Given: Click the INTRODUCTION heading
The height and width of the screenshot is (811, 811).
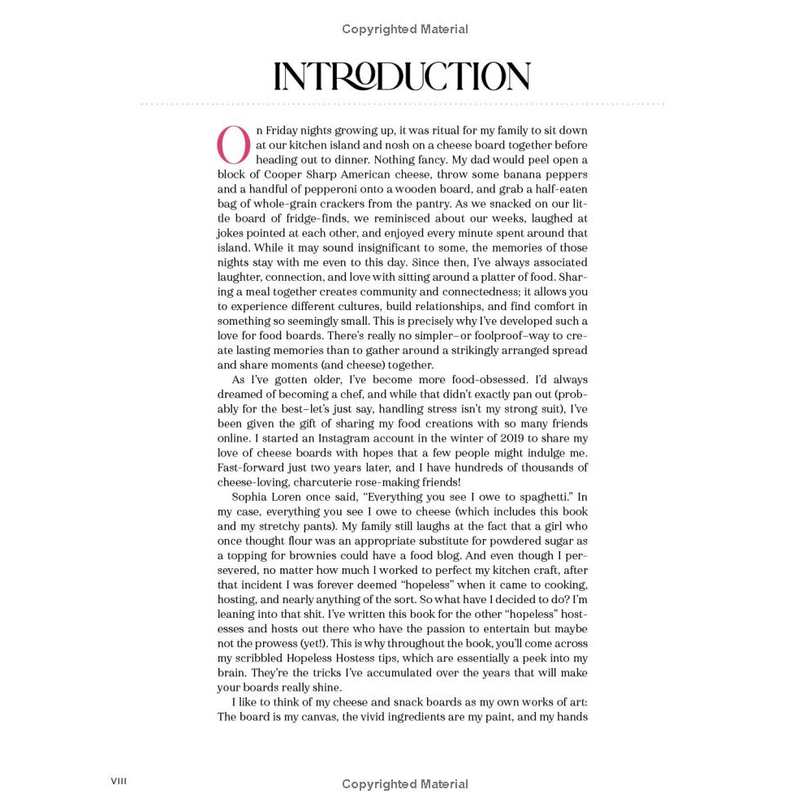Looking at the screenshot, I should tap(402, 76).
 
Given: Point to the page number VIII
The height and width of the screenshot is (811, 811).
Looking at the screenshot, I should tap(119, 781).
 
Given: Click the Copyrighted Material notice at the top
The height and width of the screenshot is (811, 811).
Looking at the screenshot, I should tap(404, 29).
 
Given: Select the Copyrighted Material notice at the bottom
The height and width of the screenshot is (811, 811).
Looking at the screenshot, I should tap(404, 784).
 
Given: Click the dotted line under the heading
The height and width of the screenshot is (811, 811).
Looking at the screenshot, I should tap(402, 104).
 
